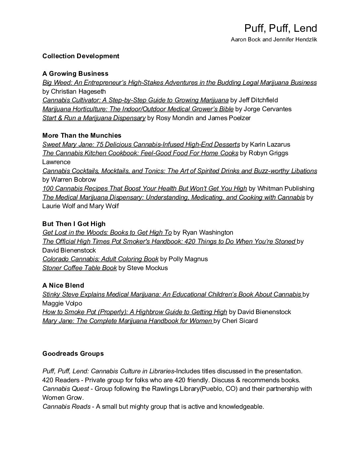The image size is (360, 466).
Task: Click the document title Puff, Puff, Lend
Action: [281, 28]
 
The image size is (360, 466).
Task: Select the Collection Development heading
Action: [81, 56]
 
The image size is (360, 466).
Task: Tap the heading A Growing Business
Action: [75, 73]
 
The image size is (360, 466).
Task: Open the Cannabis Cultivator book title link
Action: [135, 100]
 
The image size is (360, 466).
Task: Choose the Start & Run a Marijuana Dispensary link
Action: [94, 118]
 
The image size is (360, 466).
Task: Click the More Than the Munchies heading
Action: [82, 135]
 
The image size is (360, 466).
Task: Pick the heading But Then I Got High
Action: [74, 224]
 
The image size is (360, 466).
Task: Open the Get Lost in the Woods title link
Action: [107, 232]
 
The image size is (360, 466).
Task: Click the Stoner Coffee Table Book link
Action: [79, 268]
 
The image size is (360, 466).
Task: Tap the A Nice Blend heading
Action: [63, 285]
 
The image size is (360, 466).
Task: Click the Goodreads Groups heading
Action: [73, 353]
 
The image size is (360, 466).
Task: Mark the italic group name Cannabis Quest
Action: [66, 389]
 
